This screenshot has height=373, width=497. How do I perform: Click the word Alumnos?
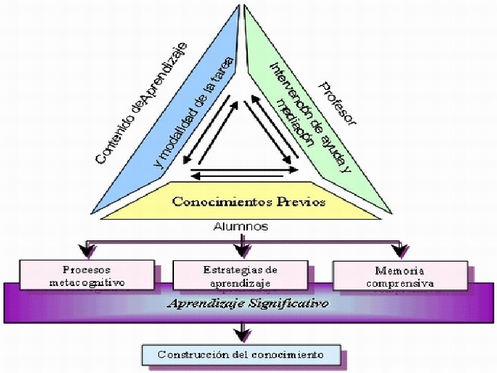(x=240, y=227)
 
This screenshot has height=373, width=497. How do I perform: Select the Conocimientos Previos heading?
(x=248, y=202)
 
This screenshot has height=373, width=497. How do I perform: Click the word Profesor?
(x=338, y=104)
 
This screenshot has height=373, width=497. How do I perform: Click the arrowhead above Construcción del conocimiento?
(x=240, y=334)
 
